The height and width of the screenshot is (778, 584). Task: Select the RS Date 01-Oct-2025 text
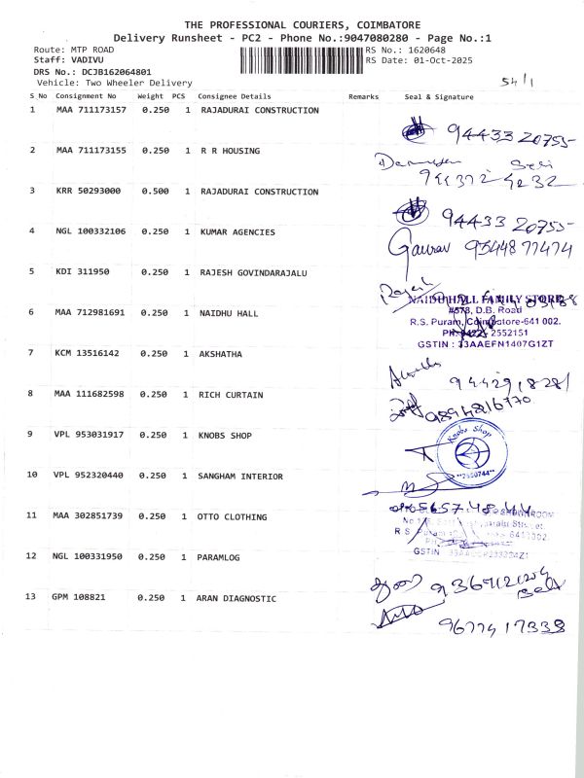tap(412, 60)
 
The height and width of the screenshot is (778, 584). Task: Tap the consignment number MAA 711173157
tap(91, 111)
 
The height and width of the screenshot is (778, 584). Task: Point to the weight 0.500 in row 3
tap(156, 192)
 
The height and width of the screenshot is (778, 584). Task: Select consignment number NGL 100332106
tap(91, 231)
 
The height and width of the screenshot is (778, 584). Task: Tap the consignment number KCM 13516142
tap(88, 354)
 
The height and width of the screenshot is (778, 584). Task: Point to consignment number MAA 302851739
tap(91, 516)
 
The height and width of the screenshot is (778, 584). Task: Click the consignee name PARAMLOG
tap(219, 557)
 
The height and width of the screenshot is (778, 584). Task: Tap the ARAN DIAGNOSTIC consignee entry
tap(237, 598)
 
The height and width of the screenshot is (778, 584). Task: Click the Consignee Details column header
tap(234, 97)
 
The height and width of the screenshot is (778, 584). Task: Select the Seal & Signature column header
tap(438, 97)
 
